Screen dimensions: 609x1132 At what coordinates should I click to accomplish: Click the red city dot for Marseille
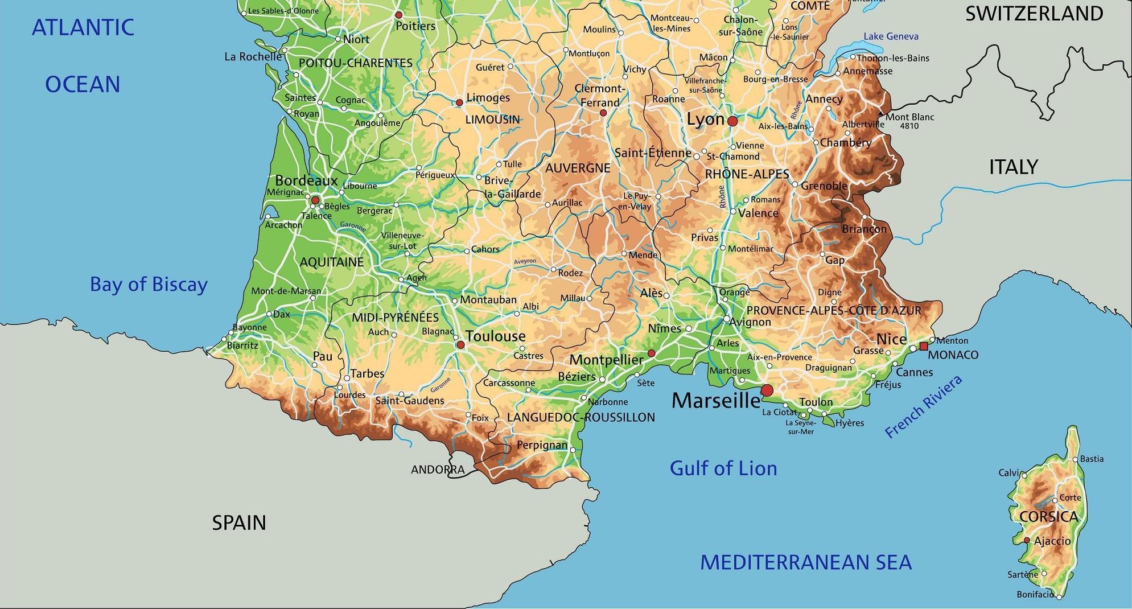coord(767,390)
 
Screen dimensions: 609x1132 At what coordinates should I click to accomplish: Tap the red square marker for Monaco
coord(924,346)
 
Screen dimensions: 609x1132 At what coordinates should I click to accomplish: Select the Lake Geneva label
coord(891,36)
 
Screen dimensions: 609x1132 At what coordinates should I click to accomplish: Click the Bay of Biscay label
coord(149,284)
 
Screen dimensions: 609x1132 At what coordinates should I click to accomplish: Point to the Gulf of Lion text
coord(723,468)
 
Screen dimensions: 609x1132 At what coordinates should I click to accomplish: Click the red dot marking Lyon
coord(732,121)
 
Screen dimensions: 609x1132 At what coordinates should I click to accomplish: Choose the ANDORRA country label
coord(438,470)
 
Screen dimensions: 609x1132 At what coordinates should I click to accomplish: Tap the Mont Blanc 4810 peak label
coord(909,121)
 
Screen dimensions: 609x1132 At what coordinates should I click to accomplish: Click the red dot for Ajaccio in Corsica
coord(1027,540)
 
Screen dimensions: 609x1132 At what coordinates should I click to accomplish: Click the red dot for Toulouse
coord(460,345)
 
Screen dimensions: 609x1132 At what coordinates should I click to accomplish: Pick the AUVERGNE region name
coord(577,168)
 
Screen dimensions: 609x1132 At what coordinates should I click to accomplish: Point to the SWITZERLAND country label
coord(1034,14)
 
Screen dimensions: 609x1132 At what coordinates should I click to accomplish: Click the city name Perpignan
coord(542,445)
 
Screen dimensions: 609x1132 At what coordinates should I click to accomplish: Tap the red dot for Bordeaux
coord(315,200)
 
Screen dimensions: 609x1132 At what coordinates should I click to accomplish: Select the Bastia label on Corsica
coord(1092,459)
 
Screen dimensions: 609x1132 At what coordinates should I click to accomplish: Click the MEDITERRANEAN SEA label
coord(805,562)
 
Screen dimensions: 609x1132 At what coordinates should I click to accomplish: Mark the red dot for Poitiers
coord(398,15)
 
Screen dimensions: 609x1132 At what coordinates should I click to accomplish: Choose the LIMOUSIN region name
coord(492,120)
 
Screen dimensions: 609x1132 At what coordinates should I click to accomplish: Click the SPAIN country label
coord(239,522)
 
